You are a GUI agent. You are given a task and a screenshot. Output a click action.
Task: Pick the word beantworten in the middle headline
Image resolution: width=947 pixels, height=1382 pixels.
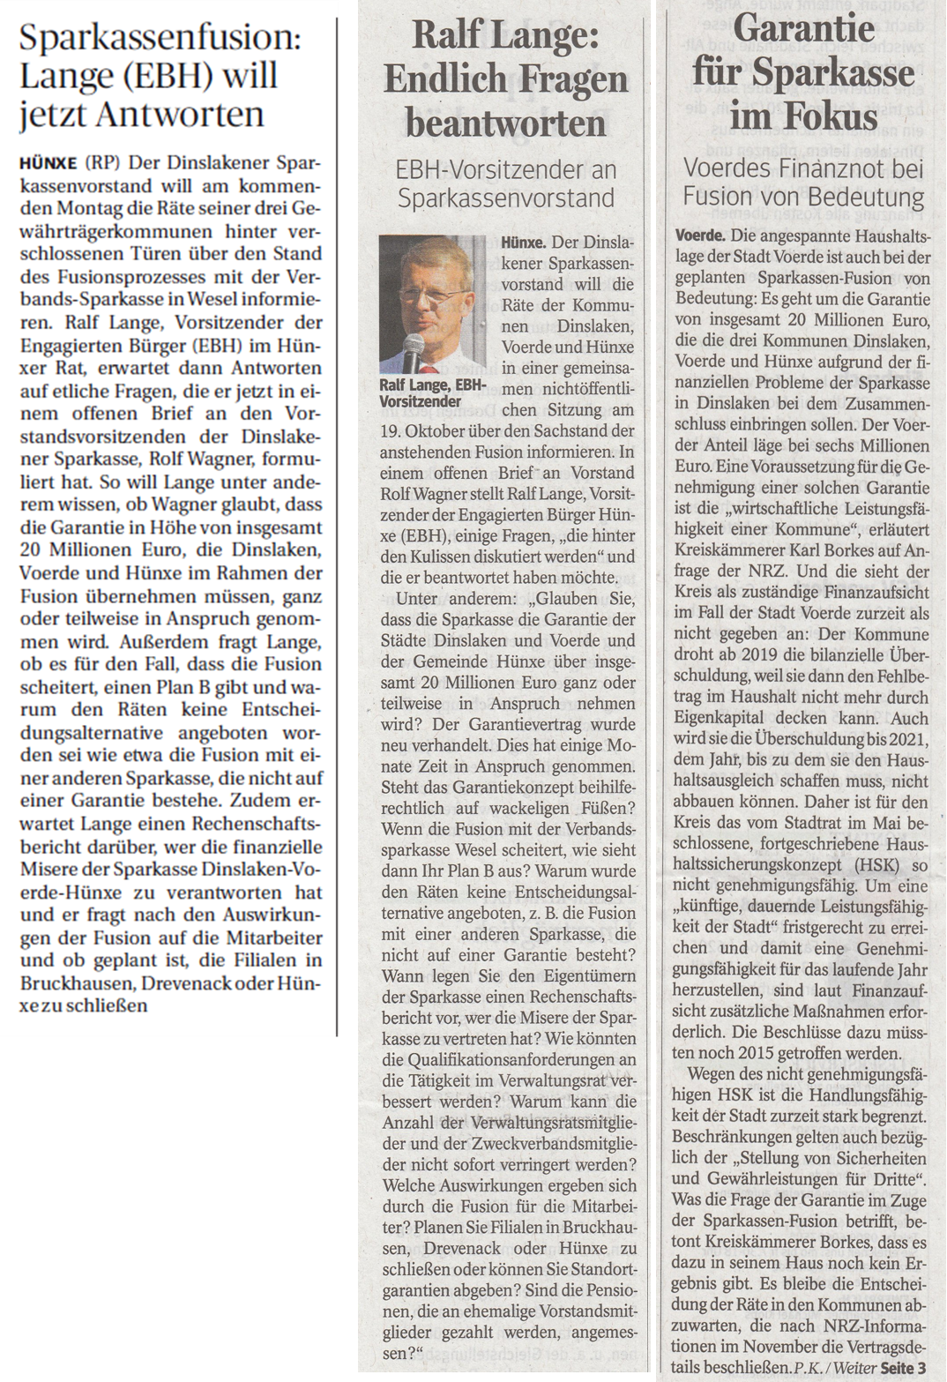point(505,121)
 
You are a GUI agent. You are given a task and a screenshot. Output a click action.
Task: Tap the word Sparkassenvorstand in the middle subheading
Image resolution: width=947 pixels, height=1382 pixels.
point(505,198)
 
